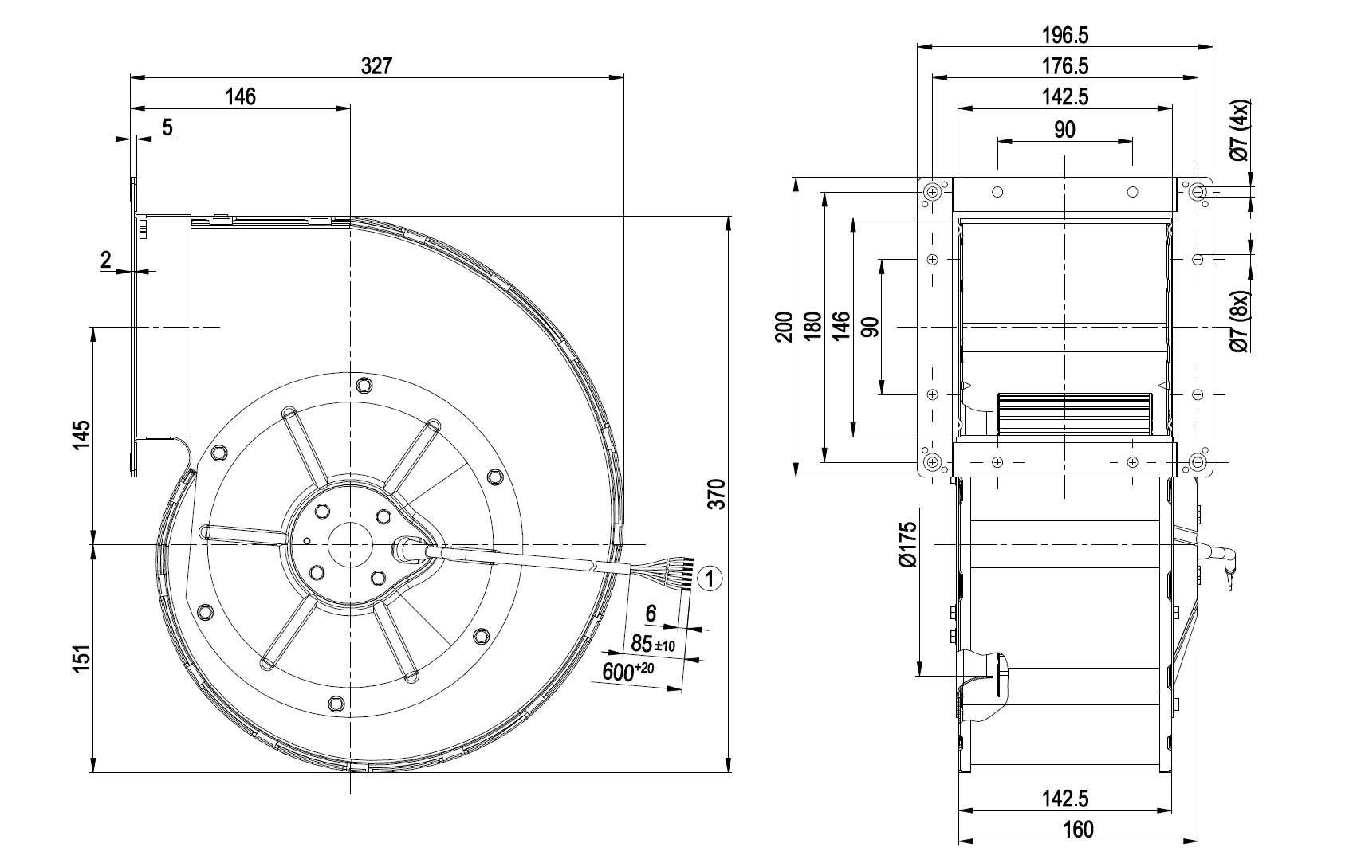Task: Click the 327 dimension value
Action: (x=376, y=65)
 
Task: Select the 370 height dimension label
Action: (x=717, y=494)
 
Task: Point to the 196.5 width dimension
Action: (x=1064, y=35)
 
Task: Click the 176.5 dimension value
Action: (x=1064, y=66)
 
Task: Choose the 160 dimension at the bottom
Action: (x=1077, y=829)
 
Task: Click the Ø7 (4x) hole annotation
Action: (x=1241, y=131)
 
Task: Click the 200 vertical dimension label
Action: (x=785, y=327)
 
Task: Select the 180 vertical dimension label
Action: (x=812, y=327)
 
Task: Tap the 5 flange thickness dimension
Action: (x=167, y=127)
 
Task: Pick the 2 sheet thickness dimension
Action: (x=106, y=259)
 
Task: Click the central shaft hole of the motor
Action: (x=349, y=545)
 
